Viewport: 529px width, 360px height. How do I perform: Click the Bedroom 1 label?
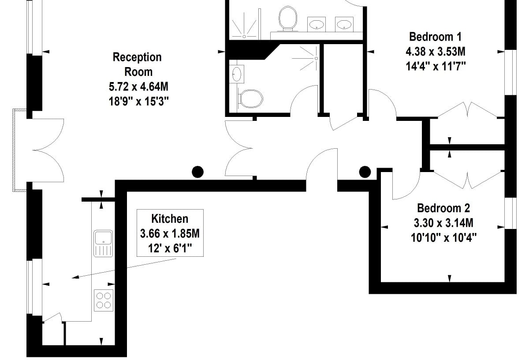point(435,37)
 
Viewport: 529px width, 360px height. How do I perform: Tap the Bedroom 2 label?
point(443,208)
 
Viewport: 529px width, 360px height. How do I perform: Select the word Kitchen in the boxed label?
point(170,219)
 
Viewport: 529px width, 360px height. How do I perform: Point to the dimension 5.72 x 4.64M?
point(138,87)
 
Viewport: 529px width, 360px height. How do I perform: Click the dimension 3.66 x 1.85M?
point(170,234)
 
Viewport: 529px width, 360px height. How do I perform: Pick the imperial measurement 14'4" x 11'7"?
point(436,67)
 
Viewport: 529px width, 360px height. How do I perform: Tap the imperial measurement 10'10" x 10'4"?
point(444,238)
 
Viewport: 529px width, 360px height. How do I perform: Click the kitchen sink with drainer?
point(103,244)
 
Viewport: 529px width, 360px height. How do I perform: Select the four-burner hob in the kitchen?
point(104,300)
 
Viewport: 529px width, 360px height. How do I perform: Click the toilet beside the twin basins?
point(287,19)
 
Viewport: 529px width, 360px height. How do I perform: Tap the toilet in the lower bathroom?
point(250,99)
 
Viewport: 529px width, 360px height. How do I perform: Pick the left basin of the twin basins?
point(317,24)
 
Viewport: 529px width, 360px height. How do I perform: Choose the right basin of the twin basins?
point(344,24)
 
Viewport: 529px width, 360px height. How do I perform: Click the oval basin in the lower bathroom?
point(237,74)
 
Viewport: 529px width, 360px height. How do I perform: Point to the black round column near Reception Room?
point(197,172)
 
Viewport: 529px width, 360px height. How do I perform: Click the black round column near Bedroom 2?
point(365,172)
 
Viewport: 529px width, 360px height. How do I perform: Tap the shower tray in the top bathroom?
point(244,24)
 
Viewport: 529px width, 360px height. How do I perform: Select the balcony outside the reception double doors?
point(20,150)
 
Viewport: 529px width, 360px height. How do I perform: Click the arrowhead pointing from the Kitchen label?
point(75,277)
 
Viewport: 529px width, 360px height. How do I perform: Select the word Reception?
point(137,57)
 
